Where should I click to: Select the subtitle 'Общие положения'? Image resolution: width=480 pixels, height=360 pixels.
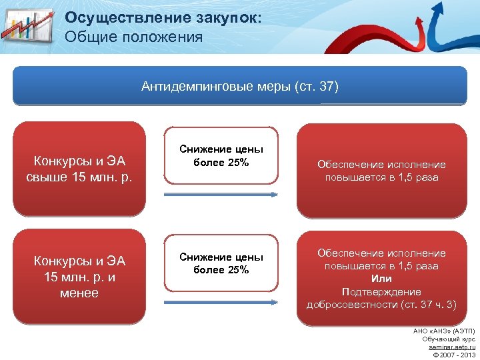pos(134,37)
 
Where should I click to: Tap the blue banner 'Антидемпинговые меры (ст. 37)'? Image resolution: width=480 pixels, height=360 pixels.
pos(240,87)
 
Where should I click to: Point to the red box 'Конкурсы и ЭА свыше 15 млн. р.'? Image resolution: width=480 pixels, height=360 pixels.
pos(79,168)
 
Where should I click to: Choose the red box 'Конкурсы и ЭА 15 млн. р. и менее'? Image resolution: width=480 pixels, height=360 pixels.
pos(79,276)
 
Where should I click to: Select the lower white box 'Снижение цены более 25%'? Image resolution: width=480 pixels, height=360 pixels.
pos(221,263)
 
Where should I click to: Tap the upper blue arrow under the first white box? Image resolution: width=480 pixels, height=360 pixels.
pos(221,194)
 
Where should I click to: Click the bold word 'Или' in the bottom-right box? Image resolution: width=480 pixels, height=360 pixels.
pos(381,279)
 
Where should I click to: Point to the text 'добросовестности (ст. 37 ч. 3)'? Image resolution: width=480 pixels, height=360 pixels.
pos(381,305)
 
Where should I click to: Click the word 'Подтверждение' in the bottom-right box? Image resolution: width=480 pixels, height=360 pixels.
pos(381,292)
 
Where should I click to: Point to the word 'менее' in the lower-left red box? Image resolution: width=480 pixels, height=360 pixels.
pos(79,293)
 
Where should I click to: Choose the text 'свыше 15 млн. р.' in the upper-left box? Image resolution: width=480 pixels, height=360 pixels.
pos(79,177)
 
